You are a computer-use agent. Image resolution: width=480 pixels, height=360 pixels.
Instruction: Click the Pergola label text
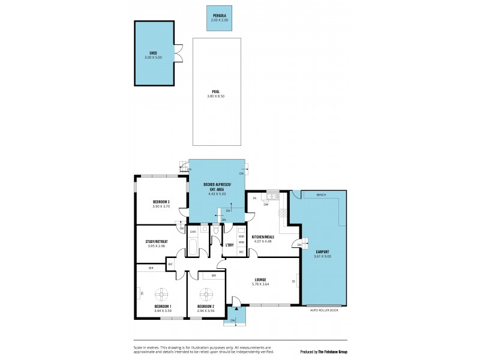tap(219, 16)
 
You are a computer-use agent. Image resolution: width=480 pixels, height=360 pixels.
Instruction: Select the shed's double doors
tap(178, 53)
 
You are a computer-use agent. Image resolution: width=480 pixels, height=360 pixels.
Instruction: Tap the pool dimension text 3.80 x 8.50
tap(217, 96)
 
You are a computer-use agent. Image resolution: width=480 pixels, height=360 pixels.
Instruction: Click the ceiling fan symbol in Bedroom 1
tap(162, 295)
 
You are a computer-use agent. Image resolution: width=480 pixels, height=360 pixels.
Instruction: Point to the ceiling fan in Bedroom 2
tap(207, 295)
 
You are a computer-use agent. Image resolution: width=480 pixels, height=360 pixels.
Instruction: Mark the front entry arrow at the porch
tap(237, 310)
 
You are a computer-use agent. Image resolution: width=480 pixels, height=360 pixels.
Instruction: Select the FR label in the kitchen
tap(254, 198)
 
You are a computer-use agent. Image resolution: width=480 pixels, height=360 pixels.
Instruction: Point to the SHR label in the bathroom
tap(193, 232)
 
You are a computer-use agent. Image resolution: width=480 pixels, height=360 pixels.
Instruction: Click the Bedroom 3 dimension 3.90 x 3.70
tap(161, 206)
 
